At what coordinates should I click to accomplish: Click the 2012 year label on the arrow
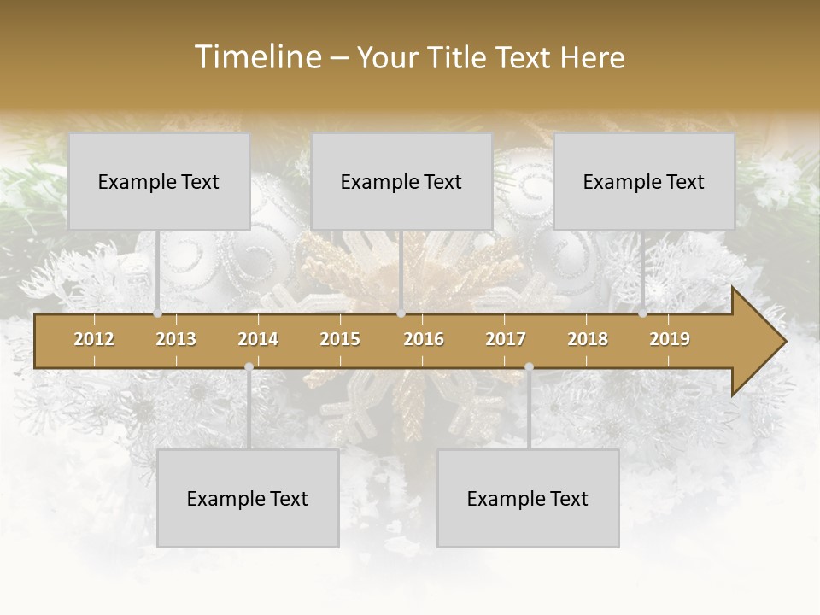click(94, 340)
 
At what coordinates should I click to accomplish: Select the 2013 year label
click(176, 340)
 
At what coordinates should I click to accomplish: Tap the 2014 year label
click(258, 340)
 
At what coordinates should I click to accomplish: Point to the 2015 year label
click(340, 340)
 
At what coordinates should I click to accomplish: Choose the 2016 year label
click(424, 340)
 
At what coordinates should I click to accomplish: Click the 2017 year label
click(506, 340)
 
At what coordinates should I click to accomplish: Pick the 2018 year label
click(588, 340)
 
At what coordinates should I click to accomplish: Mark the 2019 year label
click(670, 340)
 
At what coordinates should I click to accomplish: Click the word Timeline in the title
click(256, 57)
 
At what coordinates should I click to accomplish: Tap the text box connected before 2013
click(158, 181)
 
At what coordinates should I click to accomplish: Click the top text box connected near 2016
click(401, 181)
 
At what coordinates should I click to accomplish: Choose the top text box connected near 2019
click(644, 181)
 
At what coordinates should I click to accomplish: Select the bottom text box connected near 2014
click(248, 498)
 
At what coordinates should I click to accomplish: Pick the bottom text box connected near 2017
click(528, 498)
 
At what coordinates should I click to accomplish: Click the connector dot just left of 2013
click(157, 313)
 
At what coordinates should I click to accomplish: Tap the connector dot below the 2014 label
click(249, 367)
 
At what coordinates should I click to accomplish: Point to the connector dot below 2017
click(529, 367)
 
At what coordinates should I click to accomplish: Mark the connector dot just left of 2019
click(642, 313)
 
